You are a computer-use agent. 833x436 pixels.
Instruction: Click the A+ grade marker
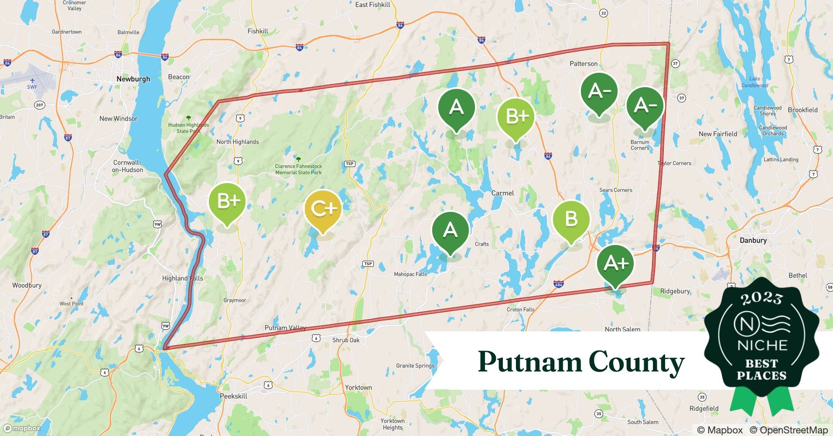click(x=615, y=264)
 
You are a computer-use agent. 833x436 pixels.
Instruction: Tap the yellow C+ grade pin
click(x=323, y=210)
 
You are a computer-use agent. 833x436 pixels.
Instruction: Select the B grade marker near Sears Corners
click(x=571, y=219)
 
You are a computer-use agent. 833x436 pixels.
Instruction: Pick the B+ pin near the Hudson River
click(x=227, y=202)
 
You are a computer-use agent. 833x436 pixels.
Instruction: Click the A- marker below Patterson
click(x=599, y=92)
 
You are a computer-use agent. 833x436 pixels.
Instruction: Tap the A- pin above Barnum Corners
click(x=645, y=106)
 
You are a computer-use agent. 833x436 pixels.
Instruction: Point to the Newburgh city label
click(x=133, y=79)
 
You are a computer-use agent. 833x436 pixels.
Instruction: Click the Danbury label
click(x=753, y=240)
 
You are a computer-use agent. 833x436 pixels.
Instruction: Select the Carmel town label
click(x=502, y=193)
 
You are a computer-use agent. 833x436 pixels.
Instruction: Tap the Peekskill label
click(x=233, y=396)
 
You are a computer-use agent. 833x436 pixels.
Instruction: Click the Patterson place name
click(x=583, y=64)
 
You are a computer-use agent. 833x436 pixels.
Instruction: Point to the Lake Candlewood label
click(x=754, y=82)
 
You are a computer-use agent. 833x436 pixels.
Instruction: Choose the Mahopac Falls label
click(x=410, y=274)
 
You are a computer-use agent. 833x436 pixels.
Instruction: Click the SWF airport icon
click(x=32, y=81)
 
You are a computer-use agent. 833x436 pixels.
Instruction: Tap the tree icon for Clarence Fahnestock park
click(x=298, y=159)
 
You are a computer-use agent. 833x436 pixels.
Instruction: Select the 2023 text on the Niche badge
click(x=761, y=298)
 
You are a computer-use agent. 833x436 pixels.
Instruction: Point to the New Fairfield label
click(x=717, y=134)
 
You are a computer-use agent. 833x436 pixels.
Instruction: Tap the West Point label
click(x=72, y=303)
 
